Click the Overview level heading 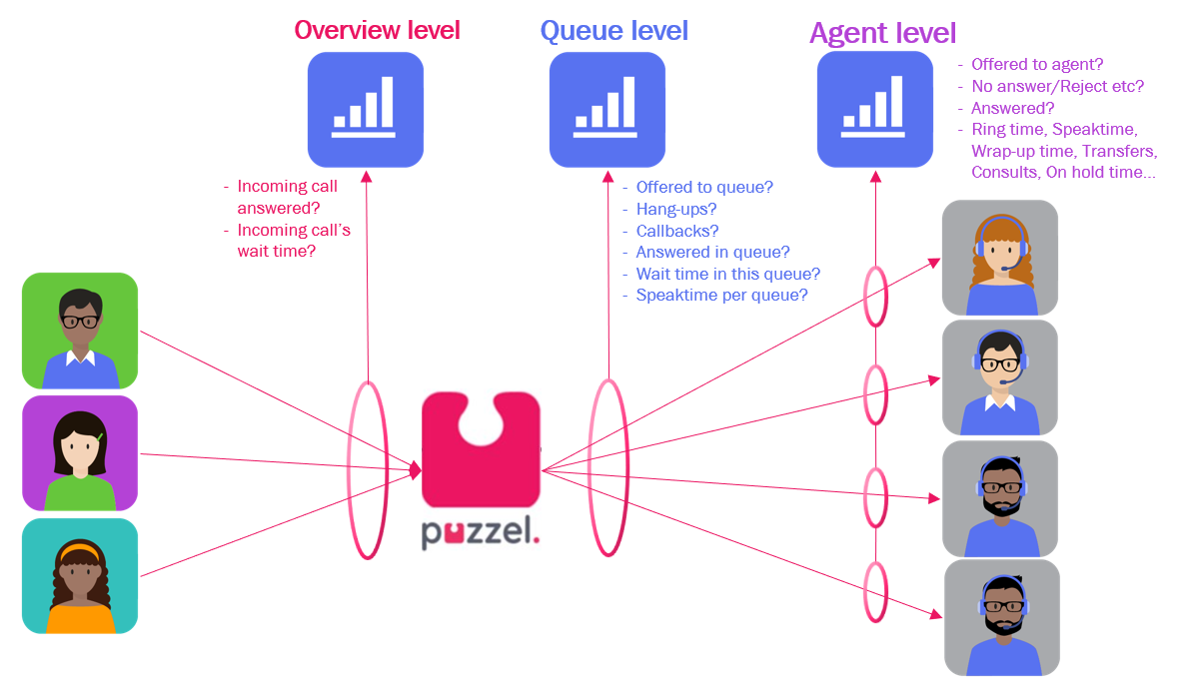377,30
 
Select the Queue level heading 613,31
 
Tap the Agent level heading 882,33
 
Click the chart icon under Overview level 365,109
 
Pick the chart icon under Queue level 606,109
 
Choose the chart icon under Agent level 874,109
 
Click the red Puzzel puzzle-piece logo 481,449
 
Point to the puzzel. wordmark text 481,535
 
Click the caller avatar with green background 80,331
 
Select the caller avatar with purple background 80,453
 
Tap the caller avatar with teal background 80,575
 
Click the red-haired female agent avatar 999,258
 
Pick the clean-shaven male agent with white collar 999,377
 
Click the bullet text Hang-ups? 676,209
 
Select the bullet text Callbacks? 677,231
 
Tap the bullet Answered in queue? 712,253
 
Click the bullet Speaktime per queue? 721,296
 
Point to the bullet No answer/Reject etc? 1057,86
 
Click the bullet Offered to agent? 1037,64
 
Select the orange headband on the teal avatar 79,550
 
